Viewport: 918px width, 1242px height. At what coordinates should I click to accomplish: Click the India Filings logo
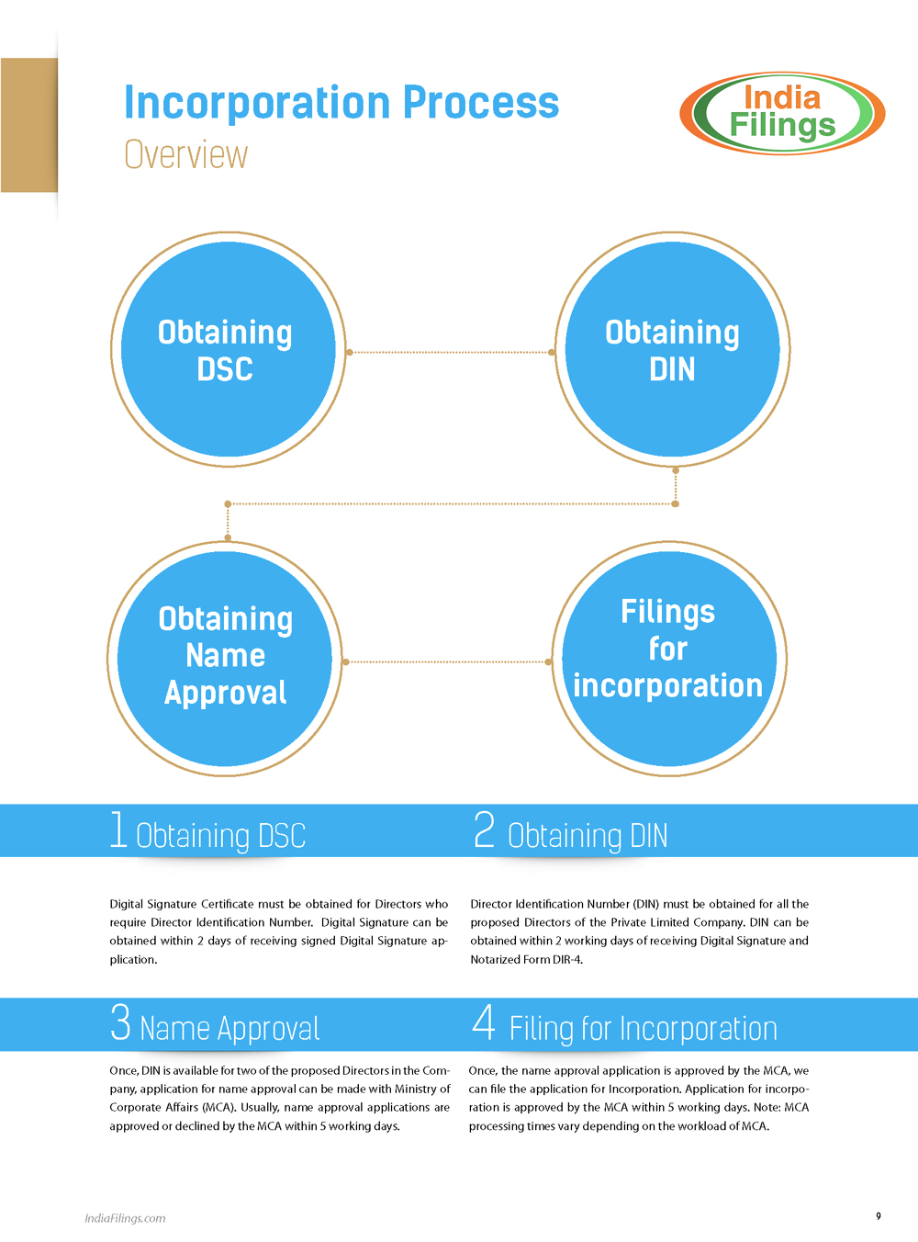pyautogui.click(x=782, y=113)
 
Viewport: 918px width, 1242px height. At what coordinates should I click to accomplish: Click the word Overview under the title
pyautogui.click(x=185, y=154)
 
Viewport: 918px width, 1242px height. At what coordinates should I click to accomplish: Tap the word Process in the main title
pyautogui.click(x=481, y=102)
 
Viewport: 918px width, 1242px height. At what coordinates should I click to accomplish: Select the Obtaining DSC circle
pyautogui.click(x=229, y=349)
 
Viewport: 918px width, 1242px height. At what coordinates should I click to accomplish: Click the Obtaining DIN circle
pyautogui.click(x=672, y=349)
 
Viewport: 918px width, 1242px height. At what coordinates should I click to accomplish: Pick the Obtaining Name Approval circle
pyautogui.click(x=225, y=659)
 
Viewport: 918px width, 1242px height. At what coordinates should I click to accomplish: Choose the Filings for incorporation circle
pyautogui.click(x=669, y=659)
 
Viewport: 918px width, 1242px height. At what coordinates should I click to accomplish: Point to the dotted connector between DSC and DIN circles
pyautogui.click(x=450, y=352)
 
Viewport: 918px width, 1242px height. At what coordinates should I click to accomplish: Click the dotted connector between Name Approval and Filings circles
pyautogui.click(x=447, y=661)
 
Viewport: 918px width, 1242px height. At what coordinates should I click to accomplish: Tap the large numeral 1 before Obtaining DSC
pyautogui.click(x=118, y=830)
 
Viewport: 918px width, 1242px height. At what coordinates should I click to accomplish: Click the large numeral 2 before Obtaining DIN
pyautogui.click(x=485, y=830)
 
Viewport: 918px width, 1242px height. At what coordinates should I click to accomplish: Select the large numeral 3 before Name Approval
pyautogui.click(x=121, y=1022)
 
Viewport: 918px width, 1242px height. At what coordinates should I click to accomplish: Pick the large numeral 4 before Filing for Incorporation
pyautogui.click(x=484, y=1022)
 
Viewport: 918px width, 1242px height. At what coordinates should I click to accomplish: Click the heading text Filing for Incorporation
pyautogui.click(x=644, y=1029)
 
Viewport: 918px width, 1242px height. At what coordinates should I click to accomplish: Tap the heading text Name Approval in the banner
pyautogui.click(x=229, y=1029)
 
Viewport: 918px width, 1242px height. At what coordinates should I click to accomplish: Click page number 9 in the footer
pyautogui.click(x=879, y=1215)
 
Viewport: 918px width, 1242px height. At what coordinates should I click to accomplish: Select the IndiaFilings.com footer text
pyautogui.click(x=125, y=1218)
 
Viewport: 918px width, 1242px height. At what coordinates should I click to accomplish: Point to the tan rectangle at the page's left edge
pyautogui.click(x=29, y=125)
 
